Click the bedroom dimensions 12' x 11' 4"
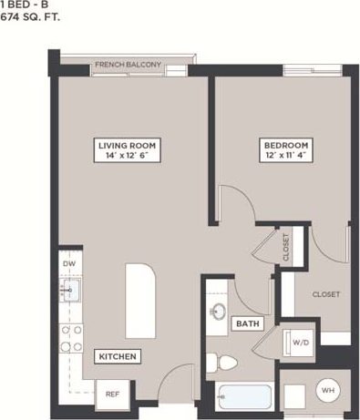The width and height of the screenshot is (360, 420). pyautogui.click(x=286, y=157)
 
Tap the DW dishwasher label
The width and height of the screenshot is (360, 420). pyautogui.click(x=67, y=265)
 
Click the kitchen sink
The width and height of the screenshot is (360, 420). pyautogui.click(x=69, y=291)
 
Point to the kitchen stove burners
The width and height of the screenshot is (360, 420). pyautogui.click(x=70, y=338)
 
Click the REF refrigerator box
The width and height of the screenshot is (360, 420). pyautogui.click(x=113, y=394)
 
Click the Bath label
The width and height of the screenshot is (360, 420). pyautogui.click(x=247, y=323)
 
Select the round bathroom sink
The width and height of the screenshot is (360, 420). pyautogui.click(x=219, y=312)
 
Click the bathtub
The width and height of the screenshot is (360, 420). pyautogui.click(x=244, y=397)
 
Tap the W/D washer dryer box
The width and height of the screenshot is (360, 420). pyautogui.click(x=301, y=343)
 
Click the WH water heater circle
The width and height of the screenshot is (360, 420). pyautogui.click(x=327, y=391)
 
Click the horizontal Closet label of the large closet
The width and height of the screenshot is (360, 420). pyautogui.click(x=325, y=294)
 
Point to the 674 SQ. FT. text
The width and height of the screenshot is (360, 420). pyautogui.click(x=31, y=16)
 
